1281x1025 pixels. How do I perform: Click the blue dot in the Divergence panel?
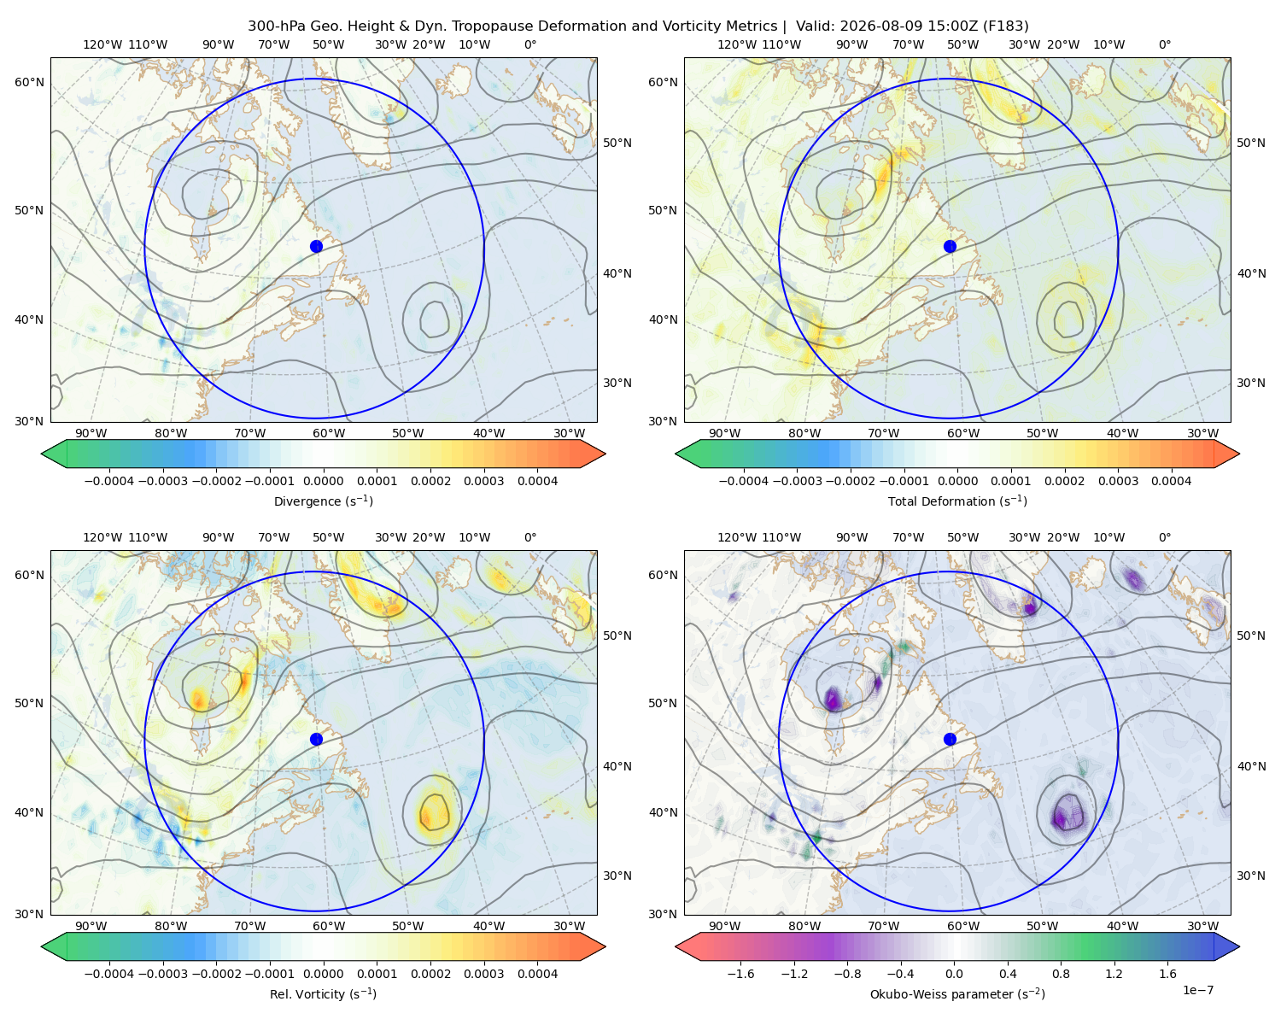pos(316,246)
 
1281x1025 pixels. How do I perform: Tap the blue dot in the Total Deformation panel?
pos(950,246)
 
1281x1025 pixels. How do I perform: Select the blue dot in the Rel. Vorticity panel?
pos(316,739)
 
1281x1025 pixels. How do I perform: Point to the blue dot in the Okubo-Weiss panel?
pos(950,739)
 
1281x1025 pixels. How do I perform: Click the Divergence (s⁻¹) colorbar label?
pos(323,501)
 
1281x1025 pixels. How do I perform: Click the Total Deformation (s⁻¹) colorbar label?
pos(957,501)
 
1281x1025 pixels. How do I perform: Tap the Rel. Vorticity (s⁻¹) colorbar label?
pos(323,993)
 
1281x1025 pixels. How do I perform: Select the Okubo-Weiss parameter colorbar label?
pos(957,993)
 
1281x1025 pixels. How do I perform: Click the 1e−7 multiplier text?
pos(1197,990)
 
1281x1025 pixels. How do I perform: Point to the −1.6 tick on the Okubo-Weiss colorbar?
pos(740,973)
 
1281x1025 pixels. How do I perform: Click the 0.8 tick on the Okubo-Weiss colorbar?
pos(1061,973)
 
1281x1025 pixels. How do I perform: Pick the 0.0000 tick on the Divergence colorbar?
pos(323,481)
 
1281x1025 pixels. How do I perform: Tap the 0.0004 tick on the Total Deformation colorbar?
pos(1171,481)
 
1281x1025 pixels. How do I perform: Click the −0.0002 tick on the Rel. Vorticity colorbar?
pos(216,973)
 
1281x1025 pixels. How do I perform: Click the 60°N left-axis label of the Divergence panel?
pos(29,82)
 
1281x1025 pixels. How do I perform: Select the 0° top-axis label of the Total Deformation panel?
pos(1164,44)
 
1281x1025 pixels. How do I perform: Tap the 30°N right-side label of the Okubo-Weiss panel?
pos(1251,875)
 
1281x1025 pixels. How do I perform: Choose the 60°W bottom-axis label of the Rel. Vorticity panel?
pos(329,926)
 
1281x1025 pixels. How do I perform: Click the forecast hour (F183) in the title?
pos(1005,26)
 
